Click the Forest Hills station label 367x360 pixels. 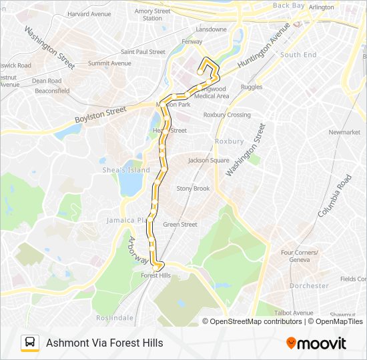click(x=156, y=275)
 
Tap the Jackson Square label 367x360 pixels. click(x=209, y=160)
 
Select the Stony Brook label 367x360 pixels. click(x=193, y=189)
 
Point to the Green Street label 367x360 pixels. click(x=180, y=224)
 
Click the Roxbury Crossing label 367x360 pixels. click(x=227, y=115)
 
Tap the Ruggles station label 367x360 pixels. click(x=252, y=87)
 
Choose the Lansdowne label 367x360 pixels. click(x=211, y=29)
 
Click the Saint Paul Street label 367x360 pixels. click(x=143, y=51)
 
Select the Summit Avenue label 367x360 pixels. click(x=109, y=63)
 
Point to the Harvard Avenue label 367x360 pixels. click(x=89, y=13)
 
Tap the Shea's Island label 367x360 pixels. click(x=125, y=170)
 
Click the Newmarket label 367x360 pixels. click(x=344, y=132)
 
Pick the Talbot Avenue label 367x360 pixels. click(x=294, y=313)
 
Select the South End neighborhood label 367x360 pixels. click(x=298, y=55)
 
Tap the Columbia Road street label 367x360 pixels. click(x=334, y=196)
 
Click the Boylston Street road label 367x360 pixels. click(x=101, y=116)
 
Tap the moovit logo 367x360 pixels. click(x=316, y=343)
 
